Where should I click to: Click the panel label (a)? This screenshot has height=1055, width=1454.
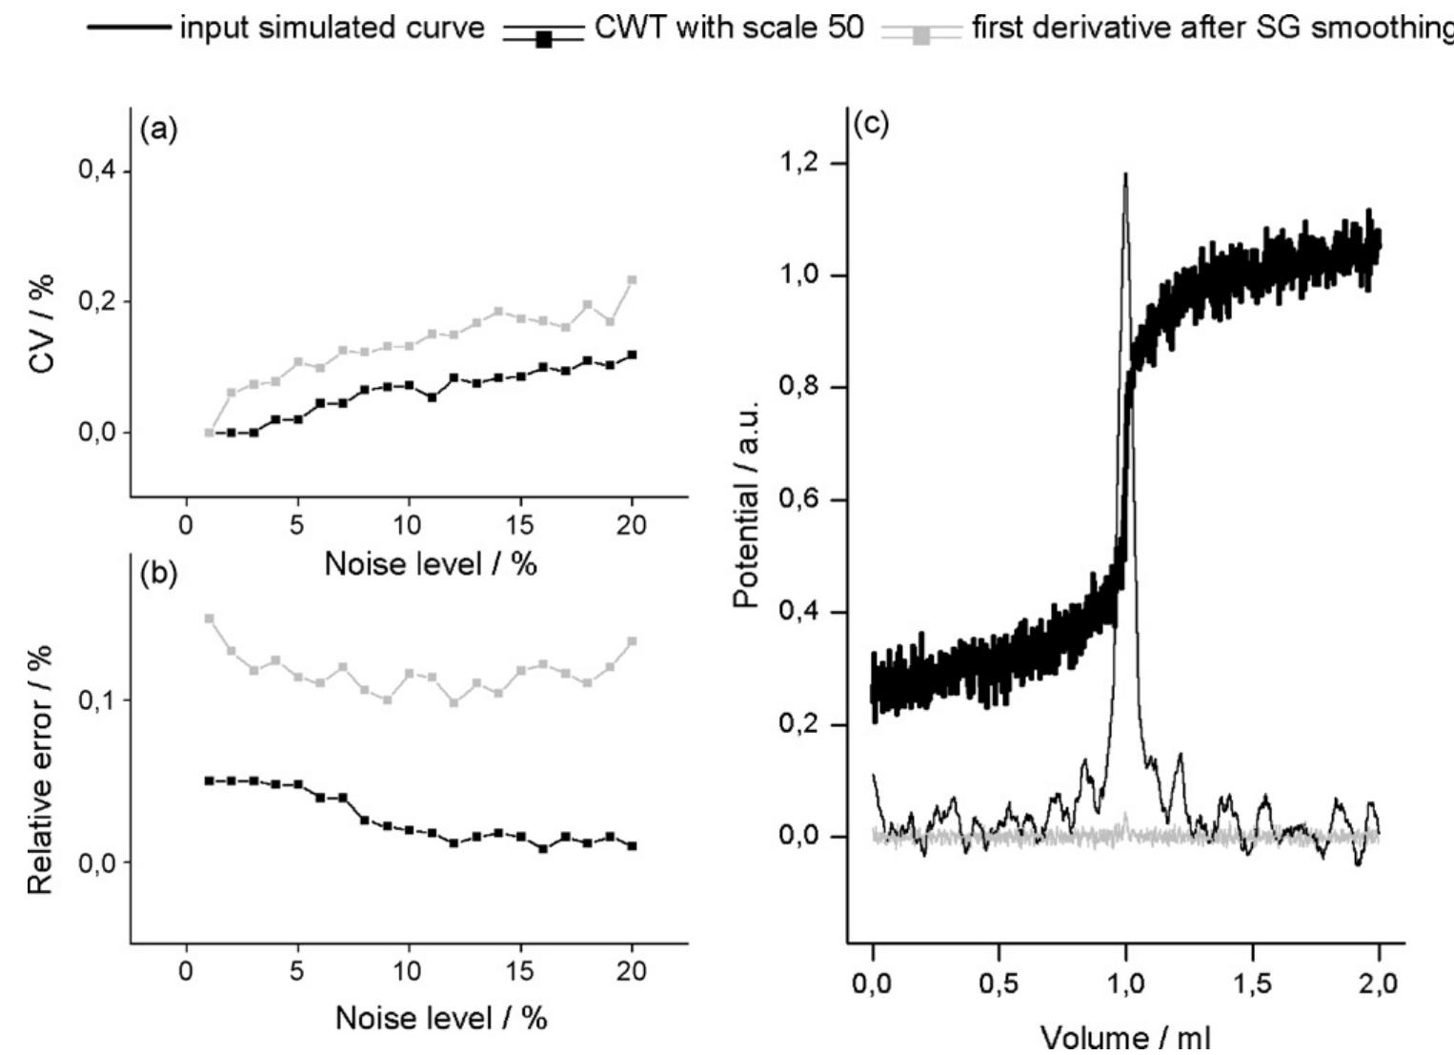tap(158, 130)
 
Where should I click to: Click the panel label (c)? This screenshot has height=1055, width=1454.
tap(871, 125)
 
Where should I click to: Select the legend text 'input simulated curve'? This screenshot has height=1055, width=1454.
tap(332, 28)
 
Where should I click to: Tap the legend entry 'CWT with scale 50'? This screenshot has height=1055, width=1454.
tap(729, 28)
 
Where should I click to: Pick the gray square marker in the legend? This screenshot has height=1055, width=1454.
tap(920, 36)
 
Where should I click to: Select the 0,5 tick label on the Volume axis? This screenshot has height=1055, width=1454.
tap(999, 984)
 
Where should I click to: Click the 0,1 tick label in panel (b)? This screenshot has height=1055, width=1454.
tap(96, 700)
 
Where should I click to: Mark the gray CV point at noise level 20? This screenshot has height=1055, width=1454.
tap(632, 280)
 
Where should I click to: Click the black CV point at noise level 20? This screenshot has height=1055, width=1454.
tap(632, 355)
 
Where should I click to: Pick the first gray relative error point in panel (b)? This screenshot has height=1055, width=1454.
tap(210, 619)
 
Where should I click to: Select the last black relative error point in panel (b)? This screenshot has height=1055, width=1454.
tap(632, 845)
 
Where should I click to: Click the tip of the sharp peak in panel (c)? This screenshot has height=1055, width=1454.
tap(1125, 175)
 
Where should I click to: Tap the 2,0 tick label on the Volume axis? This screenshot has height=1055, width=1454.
tap(1378, 984)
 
